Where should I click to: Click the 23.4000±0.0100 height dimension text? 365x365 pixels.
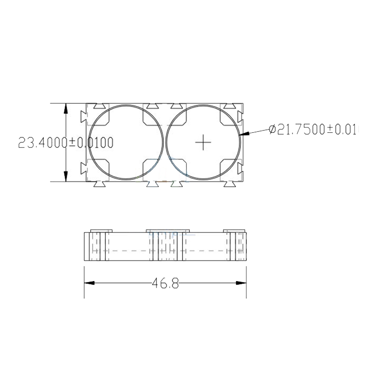click(65, 142)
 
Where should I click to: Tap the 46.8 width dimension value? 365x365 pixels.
click(165, 283)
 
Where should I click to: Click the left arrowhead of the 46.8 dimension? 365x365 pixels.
click(89, 283)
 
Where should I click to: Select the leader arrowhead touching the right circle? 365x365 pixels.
click(244, 134)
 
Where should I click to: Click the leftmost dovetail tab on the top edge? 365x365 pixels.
click(99, 105)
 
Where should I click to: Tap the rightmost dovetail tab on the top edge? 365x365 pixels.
click(229, 105)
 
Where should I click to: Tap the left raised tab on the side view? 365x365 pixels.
click(101, 230)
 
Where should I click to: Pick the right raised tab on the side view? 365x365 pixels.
click(234, 230)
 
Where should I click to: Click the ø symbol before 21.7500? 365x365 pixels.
click(272, 130)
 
